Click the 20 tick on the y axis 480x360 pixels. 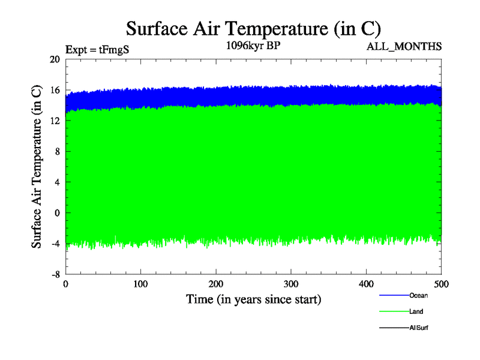pyautogui.click(x=55, y=59)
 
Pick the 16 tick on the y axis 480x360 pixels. pyautogui.click(x=55, y=90)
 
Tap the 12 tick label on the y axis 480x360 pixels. pyautogui.click(x=55, y=121)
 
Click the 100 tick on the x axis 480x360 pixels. pyautogui.click(x=140, y=283)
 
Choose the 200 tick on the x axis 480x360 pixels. pyautogui.click(x=216, y=283)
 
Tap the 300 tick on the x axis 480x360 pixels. pyautogui.click(x=291, y=283)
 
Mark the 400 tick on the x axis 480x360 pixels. pyautogui.click(x=366, y=283)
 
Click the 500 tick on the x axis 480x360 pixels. pyautogui.click(x=441, y=283)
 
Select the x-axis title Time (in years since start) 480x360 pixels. pyautogui.click(x=253, y=299)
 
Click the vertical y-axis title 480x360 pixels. pyautogui.click(x=37, y=167)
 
